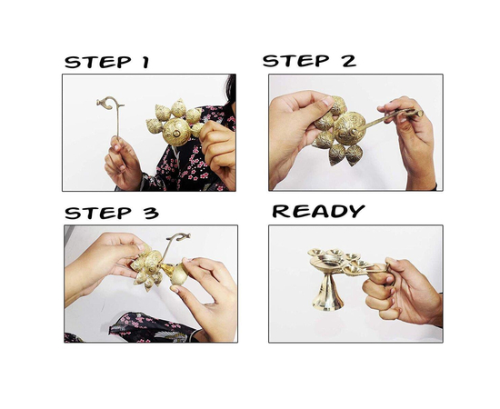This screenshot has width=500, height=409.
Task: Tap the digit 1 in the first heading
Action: click(x=145, y=62)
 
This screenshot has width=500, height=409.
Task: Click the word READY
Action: click(x=318, y=211)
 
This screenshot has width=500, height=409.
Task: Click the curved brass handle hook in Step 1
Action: click(x=110, y=103)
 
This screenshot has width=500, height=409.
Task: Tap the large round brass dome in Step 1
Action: click(x=176, y=132)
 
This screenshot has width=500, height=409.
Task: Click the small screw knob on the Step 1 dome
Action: click(x=175, y=134)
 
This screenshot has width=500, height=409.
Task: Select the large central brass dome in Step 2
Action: click(x=350, y=127)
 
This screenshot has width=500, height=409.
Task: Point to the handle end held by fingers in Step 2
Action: click(x=415, y=113)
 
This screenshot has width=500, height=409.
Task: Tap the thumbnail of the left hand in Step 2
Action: click(x=328, y=102)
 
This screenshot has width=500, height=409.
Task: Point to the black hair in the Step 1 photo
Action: click(x=231, y=89)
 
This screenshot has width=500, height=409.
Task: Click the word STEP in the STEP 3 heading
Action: click(x=98, y=213)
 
